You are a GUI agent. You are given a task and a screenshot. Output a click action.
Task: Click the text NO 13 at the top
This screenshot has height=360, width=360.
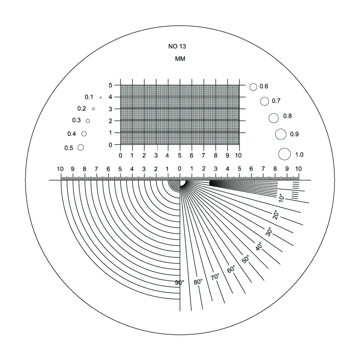(177, 46)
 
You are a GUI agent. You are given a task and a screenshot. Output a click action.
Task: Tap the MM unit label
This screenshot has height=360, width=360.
(180, 59)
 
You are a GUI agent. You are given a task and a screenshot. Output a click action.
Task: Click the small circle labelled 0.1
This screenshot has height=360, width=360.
(100, 98)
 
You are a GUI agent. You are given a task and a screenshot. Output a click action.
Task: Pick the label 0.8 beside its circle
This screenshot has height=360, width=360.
(287, 116)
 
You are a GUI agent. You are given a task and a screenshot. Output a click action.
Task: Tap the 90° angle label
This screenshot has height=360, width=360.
(180, 283)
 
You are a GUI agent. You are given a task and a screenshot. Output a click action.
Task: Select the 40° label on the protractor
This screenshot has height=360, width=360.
(259, 246)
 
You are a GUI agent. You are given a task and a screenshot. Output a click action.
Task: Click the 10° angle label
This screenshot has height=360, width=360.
(281, 198)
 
